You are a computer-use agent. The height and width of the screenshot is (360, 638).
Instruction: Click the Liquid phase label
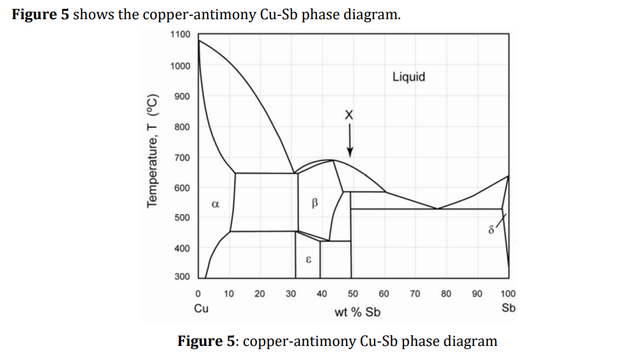click(x=408, y=77)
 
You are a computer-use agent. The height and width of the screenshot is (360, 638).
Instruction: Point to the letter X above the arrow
click(x=348, y=115)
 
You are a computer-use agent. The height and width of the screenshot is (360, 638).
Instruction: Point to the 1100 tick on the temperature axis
click(x=180, y=34)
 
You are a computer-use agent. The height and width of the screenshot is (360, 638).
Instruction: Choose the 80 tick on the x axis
click(x=446, y=294)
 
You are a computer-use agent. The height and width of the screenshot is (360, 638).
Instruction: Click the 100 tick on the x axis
click(x=508, y=294)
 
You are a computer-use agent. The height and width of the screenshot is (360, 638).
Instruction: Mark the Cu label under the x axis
click(x=200, y=308)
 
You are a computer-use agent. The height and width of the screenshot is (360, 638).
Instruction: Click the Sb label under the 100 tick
click(x=508, y=308)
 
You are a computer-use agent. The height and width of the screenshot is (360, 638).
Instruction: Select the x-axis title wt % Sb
click(x=357, y=312)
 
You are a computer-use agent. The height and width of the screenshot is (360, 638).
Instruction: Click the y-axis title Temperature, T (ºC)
click(x=152, y=150)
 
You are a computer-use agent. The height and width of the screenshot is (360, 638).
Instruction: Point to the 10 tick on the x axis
click(x=229, y=294)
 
